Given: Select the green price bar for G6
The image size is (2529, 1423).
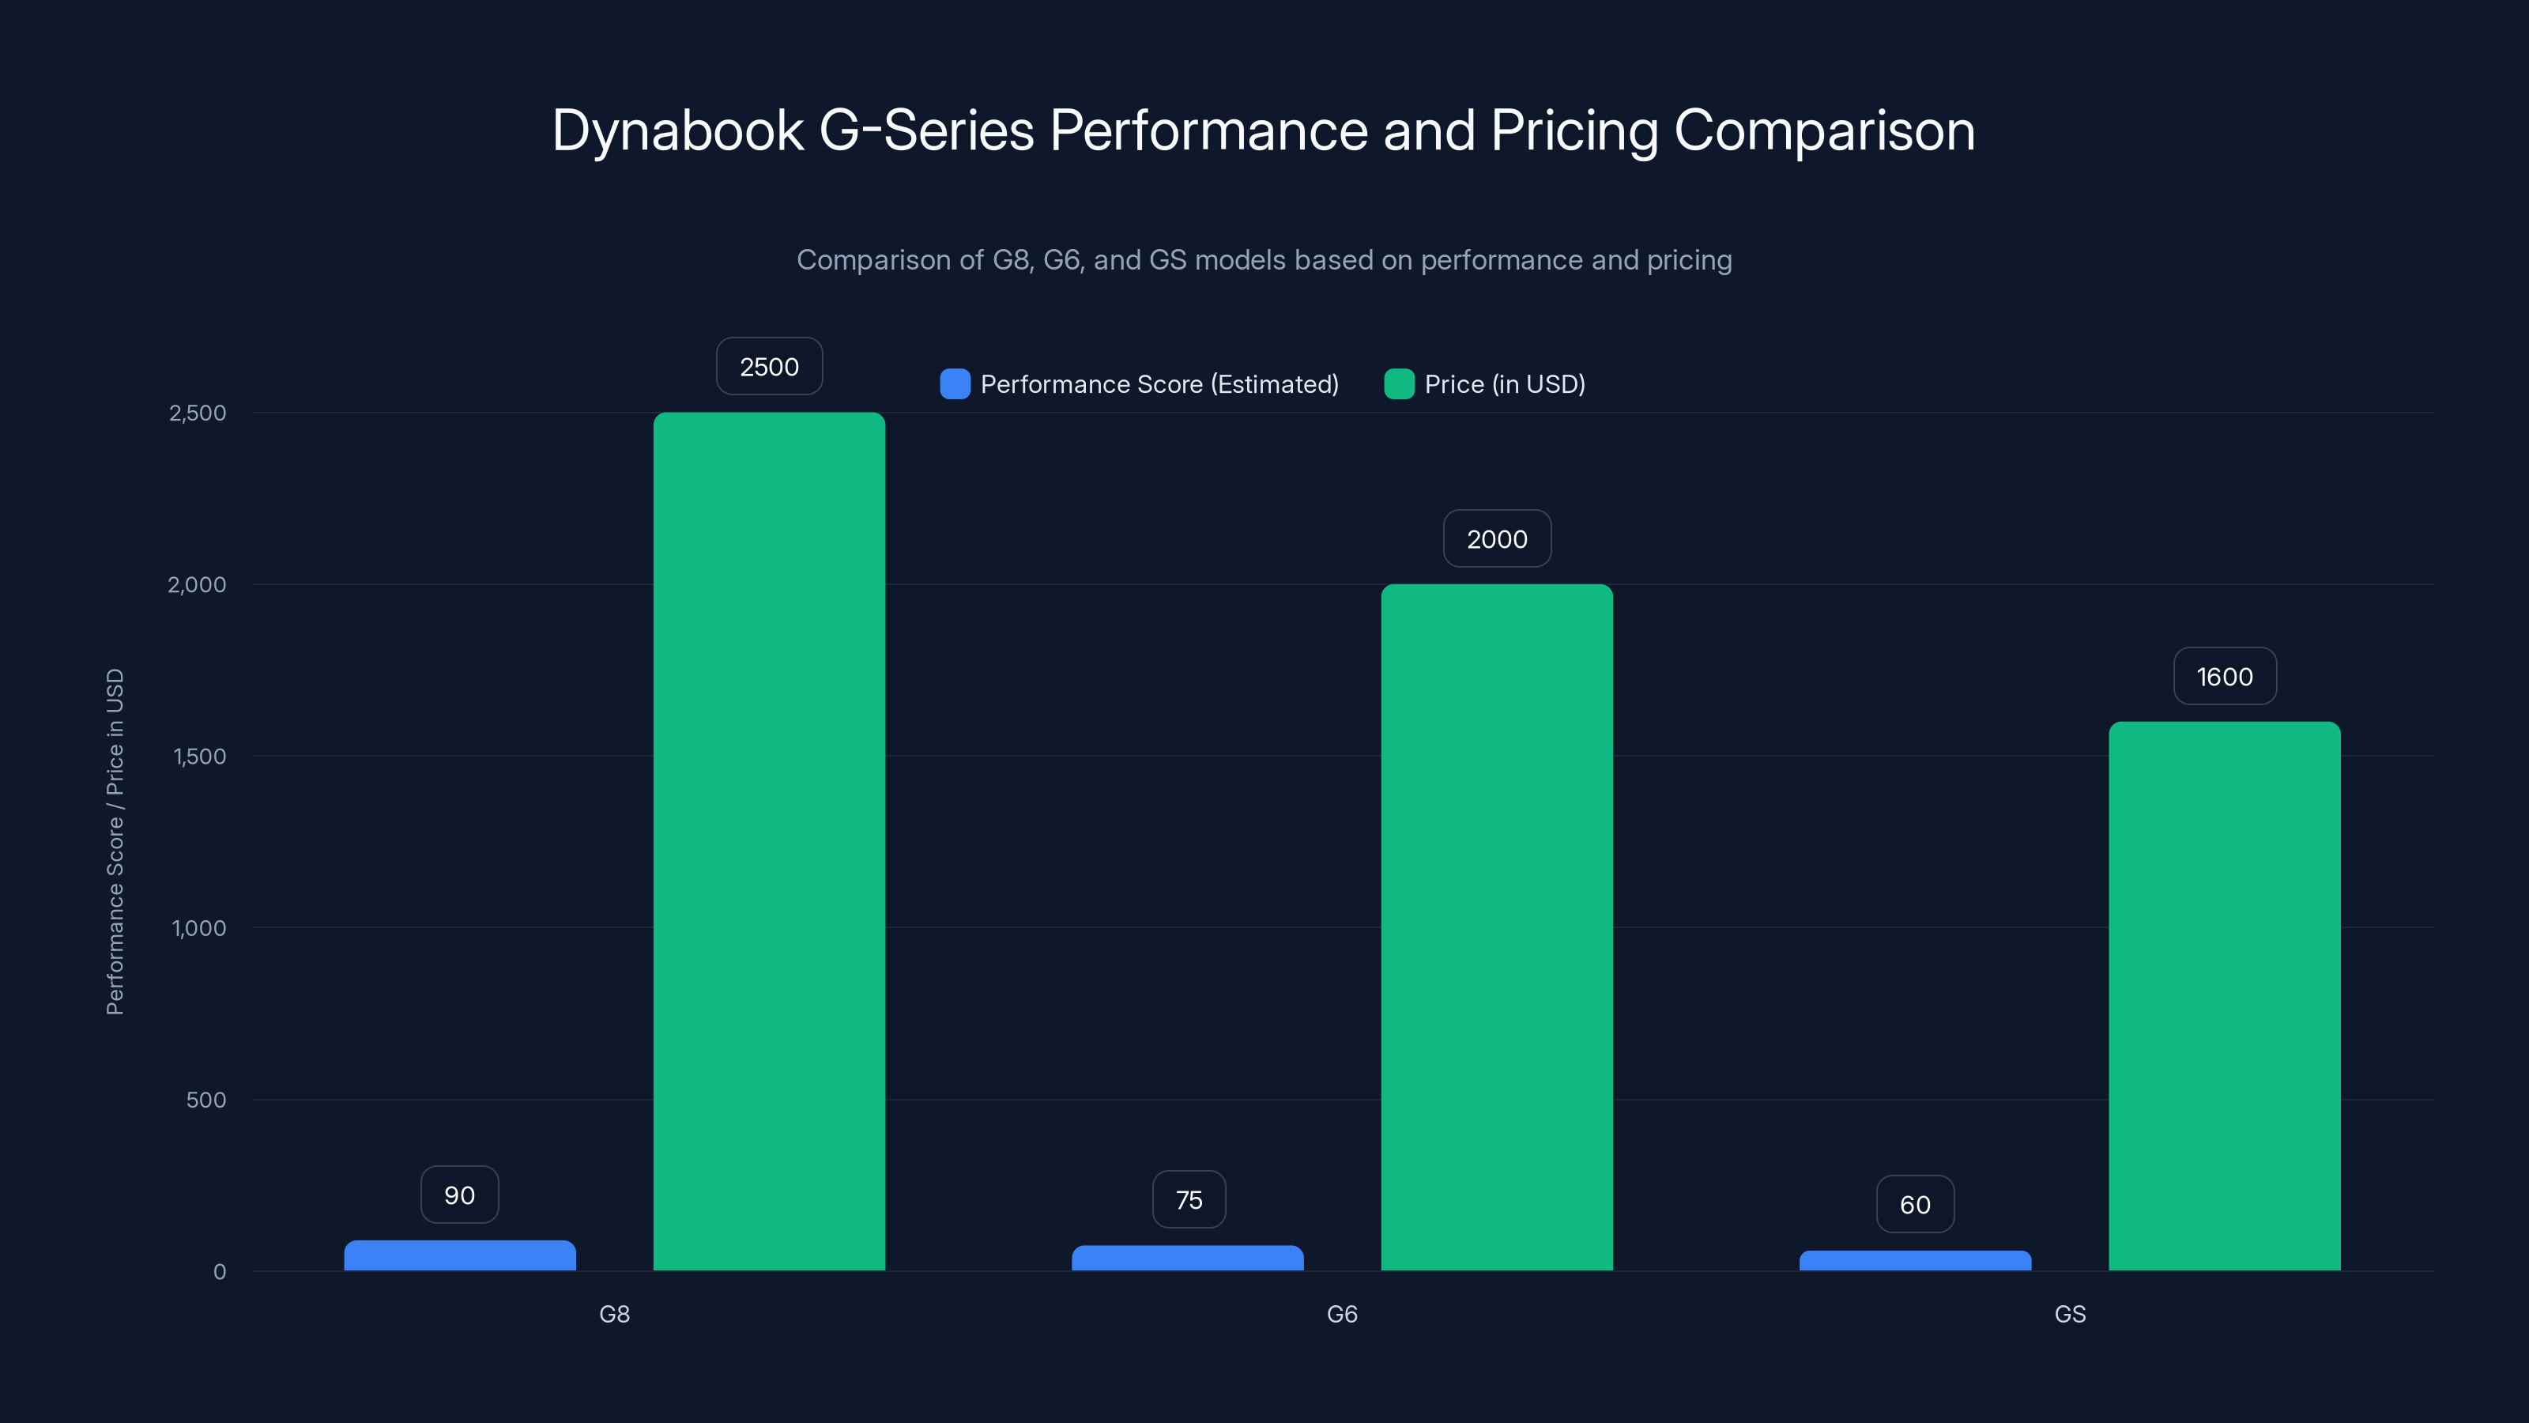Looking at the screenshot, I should coord(1496,927).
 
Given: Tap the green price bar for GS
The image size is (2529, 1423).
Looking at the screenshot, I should coord(2224,996).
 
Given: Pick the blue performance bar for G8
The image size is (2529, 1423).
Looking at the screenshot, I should coord(459,1256).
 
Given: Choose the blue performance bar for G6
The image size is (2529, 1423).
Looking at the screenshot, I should coord(1187,1258).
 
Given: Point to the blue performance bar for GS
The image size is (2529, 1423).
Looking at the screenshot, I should coord(1914,1261).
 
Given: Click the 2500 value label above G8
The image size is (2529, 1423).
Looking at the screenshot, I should coord(769,366).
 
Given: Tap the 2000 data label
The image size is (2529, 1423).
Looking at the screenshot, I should coord(1496,539).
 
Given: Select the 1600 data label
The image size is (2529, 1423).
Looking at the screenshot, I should coord(2224,677).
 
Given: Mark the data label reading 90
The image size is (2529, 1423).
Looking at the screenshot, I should coord(459,1195).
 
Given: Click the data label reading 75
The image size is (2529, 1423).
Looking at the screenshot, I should coord(1188,1200).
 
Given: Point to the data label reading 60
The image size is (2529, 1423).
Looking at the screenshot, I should coord(1914,1205).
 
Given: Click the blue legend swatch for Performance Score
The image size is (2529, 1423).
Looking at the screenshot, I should coord(954,384).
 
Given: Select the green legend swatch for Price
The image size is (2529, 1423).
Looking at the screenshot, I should coord(1398,384).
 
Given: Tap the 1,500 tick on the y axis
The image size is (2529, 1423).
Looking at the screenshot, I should coord(199,757).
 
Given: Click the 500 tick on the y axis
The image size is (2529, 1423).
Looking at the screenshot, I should coord(205,1100).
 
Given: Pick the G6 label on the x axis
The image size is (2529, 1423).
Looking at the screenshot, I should coord(1341,1314).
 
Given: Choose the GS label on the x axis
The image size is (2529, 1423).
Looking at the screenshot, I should coord(2070,1314).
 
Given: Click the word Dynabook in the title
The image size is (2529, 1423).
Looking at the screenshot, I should coord(677,130).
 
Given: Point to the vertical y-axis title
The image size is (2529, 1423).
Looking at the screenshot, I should coord(115,842).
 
